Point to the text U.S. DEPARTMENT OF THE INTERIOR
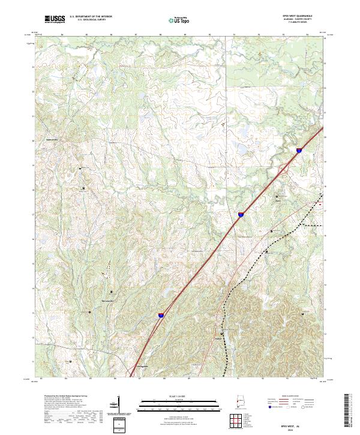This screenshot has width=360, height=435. click(x=91, y=17)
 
